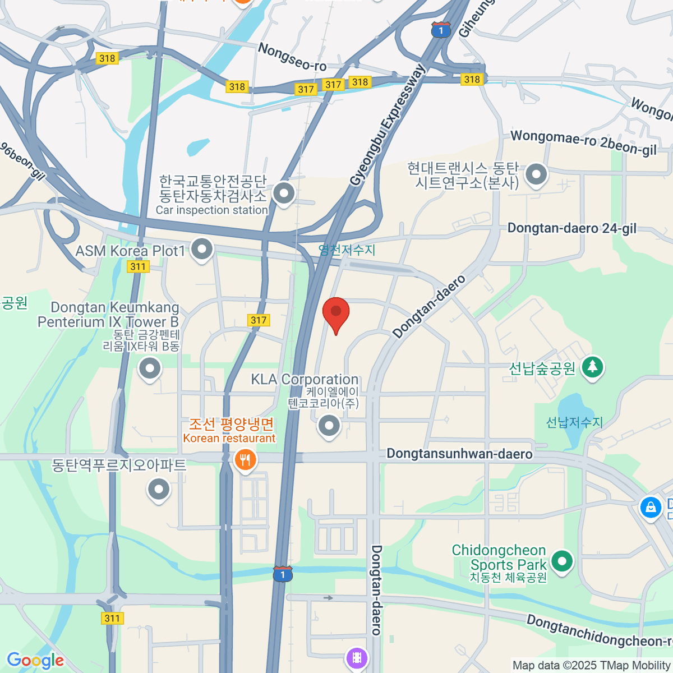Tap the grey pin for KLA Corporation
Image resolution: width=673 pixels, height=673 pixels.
pyautogui.click(x=329, y=426)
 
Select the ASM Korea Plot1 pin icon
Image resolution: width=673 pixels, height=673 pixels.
pyautogui.click(x=202, y=248)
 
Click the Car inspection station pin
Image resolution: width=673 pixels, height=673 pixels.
pyautogui.click(x=284, y=194)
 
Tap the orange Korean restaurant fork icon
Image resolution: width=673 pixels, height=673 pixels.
pyautogui.click(x=245, y=461)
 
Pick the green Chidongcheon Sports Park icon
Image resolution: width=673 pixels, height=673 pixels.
pyautogui.click(x=561, y=561)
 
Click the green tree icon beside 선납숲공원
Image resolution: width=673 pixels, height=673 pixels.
pyautogui.click(x=592, y=368)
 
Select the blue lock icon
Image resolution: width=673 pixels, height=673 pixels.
pyautogui.click(x=651, y=508)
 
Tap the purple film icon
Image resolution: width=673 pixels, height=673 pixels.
pyautogui.click(x=357, y=657)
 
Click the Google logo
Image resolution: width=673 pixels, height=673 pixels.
pyautogui.click(x=35, y=661)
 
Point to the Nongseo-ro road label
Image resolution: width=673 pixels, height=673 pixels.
pyautogui.click(x=292, y=57)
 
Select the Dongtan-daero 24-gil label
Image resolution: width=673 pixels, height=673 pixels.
pyautogui.click(x=571, y=228)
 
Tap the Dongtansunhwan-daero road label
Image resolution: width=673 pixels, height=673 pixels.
pyautogui.click(x=459, y=454)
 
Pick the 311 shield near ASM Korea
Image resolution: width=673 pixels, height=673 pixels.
pyautogui.click(x=138, y=266)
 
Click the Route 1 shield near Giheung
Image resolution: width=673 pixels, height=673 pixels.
pyautogui.click(x=441, y=30)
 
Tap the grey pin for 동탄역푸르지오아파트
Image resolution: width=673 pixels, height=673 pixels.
pyautogui.click(x=159, y=489)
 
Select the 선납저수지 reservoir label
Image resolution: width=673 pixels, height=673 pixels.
pyautogui.click(x=574, y=422)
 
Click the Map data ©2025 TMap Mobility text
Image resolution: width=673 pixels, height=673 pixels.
pyautogui.click(x=592, y=666)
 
